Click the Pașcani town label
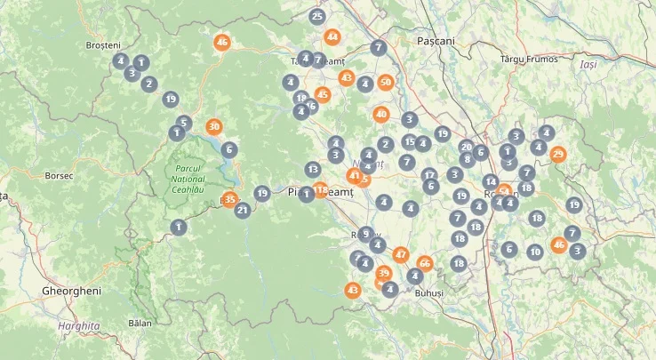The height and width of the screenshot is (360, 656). pos(436,41)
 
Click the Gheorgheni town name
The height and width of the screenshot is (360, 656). pos(72,291)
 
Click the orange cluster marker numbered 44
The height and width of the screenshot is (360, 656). pos(332,37)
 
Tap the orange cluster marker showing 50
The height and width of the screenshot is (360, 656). pos(385,83)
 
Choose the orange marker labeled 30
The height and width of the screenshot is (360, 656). pos(213,127)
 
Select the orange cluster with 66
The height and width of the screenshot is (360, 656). pos(424,263)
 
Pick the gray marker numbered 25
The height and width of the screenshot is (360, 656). pos(317,16)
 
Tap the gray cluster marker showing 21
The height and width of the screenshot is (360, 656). pos(242,211)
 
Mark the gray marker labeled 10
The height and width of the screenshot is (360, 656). pos(534,252)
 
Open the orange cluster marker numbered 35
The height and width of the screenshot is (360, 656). pos(230,200)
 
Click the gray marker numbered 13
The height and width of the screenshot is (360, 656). pos(312,169)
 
